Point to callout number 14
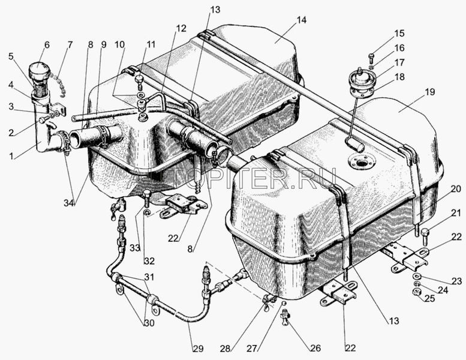(x=301, y=20)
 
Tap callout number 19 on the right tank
(x=430, y=92)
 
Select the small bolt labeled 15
(x=371, y=58)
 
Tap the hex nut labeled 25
(x=417, y=292)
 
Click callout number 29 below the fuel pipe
(x=199, y=349)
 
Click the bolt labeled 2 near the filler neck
(x=44, y=120)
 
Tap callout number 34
(x=69, y=203)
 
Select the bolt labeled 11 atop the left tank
(x=139, y=82)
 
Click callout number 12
(x=181, y=28)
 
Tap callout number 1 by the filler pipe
(x=11, y=155)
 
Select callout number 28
(x=226, y=349)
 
